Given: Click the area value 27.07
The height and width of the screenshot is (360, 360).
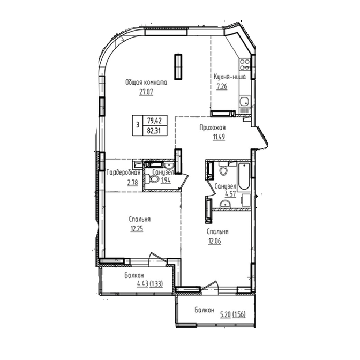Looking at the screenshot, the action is (x=146, y=92).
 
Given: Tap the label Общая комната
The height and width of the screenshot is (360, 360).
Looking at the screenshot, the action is (x=146, y=82).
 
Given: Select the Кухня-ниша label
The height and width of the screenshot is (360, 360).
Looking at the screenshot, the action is (x=230, y=77).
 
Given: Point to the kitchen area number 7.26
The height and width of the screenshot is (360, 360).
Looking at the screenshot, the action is (x=222, y=87).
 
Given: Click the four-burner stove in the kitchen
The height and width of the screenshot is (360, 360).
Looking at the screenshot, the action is (x=245, y=64).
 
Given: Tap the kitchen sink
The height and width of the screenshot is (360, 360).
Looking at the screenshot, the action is (x=244, y=101).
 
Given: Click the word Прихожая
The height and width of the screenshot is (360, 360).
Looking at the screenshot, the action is (x=212, y=127).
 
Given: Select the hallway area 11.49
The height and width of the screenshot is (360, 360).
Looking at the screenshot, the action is (x=219, y=137).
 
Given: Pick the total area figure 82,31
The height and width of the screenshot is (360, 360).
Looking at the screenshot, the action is (x=154, y=131).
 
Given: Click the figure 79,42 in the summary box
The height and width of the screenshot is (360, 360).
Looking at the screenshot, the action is (x=154, y=120).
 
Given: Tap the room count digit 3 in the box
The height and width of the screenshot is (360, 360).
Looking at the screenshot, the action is (x=138, y=125).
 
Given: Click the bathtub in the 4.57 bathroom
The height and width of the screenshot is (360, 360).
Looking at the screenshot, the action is (x=244, y=177).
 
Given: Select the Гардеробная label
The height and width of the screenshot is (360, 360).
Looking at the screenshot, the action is (x=124, y=172).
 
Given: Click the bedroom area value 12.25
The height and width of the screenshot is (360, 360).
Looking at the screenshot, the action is (x=137, y=229).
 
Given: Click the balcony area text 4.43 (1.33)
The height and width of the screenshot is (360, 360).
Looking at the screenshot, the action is (x=150, y=284).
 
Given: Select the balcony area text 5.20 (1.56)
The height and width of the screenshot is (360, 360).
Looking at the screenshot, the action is (x=233, y=314).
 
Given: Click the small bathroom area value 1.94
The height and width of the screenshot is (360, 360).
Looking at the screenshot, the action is (x=166, y=181).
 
